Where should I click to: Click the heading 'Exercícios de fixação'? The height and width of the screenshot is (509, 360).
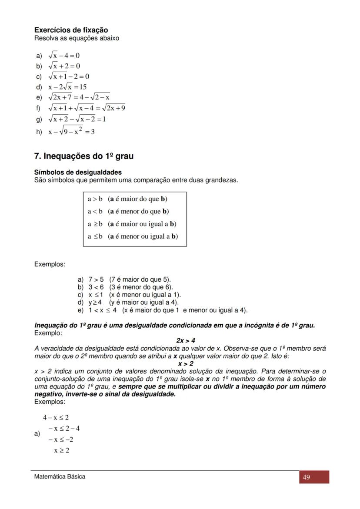[71, 30]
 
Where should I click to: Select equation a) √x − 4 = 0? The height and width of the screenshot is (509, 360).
[63, 56]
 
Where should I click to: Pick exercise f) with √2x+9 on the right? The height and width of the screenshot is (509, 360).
[87, 108]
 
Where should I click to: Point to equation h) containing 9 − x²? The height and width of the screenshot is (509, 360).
[71, 131]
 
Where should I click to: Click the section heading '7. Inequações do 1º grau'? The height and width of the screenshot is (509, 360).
[83, 156]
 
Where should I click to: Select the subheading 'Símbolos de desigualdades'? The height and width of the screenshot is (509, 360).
[78, 173]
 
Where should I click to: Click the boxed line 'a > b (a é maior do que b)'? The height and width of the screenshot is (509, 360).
[127, 199]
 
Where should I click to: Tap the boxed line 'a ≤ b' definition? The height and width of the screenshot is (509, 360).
[133, 236]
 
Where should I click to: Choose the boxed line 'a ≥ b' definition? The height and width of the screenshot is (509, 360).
[132, 224]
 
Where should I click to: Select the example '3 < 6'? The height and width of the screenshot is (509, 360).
[130, 287]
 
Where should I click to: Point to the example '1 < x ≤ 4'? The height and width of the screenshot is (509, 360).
[167, 310]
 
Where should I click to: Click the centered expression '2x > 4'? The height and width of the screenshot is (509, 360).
[186, 340]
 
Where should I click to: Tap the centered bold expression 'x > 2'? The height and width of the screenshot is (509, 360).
[186, 363]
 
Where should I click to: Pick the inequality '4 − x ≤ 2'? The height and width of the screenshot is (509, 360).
[56, 418]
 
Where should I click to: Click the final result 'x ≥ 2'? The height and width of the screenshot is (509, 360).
[61, 450]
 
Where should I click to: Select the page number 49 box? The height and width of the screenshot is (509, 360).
[313, 477]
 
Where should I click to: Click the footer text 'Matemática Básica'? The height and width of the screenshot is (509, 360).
[60, 476]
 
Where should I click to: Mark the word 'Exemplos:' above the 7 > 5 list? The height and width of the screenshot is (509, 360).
[50, 264]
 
